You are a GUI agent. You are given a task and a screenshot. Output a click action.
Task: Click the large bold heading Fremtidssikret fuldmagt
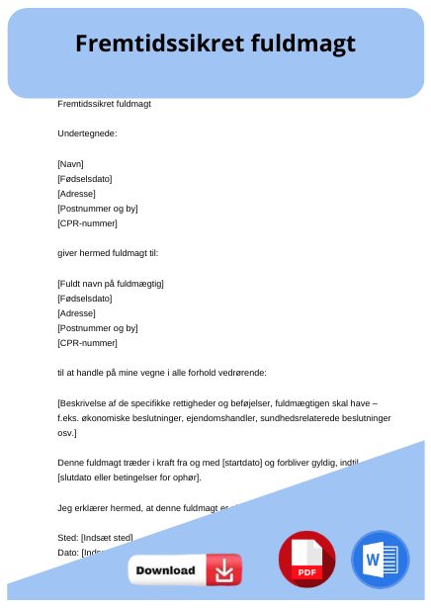tap(215, 44)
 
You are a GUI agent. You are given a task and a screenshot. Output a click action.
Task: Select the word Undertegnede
tap(87, 133)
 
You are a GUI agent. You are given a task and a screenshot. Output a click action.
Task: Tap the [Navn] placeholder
tap(71, 163)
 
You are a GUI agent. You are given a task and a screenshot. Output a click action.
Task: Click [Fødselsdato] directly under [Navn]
tap(85, 178)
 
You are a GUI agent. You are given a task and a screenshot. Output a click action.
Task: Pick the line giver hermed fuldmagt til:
tap(108, 253)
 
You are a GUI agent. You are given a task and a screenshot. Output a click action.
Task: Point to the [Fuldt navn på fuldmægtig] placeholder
tap(111, 283)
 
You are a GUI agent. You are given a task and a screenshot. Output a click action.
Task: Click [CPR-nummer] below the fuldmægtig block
tap(87, 343)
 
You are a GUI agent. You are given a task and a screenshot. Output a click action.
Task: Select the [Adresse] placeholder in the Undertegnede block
tap(77, 194)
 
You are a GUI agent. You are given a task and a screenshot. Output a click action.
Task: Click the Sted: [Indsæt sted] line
tap(95, 537)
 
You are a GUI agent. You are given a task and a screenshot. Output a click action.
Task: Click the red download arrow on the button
tap(224, 569)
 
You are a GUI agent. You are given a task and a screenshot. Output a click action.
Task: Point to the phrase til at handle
tap(86, 373)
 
